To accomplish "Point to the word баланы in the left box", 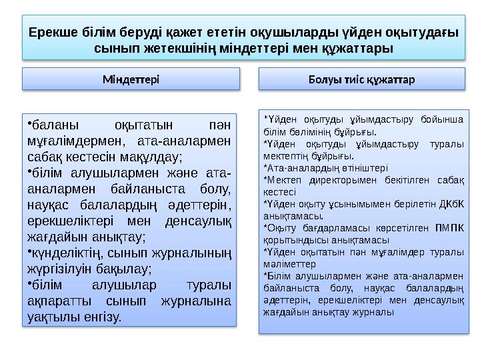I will click(x=55, y=125).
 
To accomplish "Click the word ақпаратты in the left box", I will click(x=57, y=301).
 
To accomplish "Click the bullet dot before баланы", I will click(x=30, y=122).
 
